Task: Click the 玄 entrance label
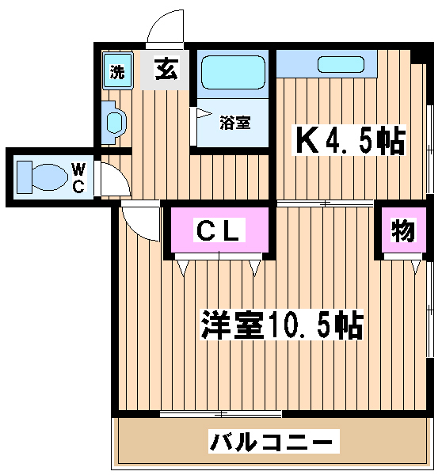point(166,68)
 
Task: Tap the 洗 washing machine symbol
point(117,71)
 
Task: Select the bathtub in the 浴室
point(233,72)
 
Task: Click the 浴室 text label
point(235,123)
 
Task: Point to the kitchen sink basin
point(341,65)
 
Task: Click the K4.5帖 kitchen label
point(349,141)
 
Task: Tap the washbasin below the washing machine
point(113,123)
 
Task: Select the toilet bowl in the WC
point(50,177)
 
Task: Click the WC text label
point(79,177)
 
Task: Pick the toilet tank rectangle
point(25,177)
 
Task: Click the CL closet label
point(219,230)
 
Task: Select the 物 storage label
point(403,230)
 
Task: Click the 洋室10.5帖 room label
point(282,325)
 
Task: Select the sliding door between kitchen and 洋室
point(325,203)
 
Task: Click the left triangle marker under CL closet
point(183,268)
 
